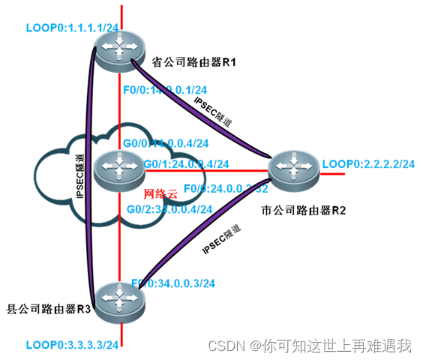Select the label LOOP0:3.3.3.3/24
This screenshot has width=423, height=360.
tap(72, 345)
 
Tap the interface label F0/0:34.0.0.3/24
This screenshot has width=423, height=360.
tap(173, 283)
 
